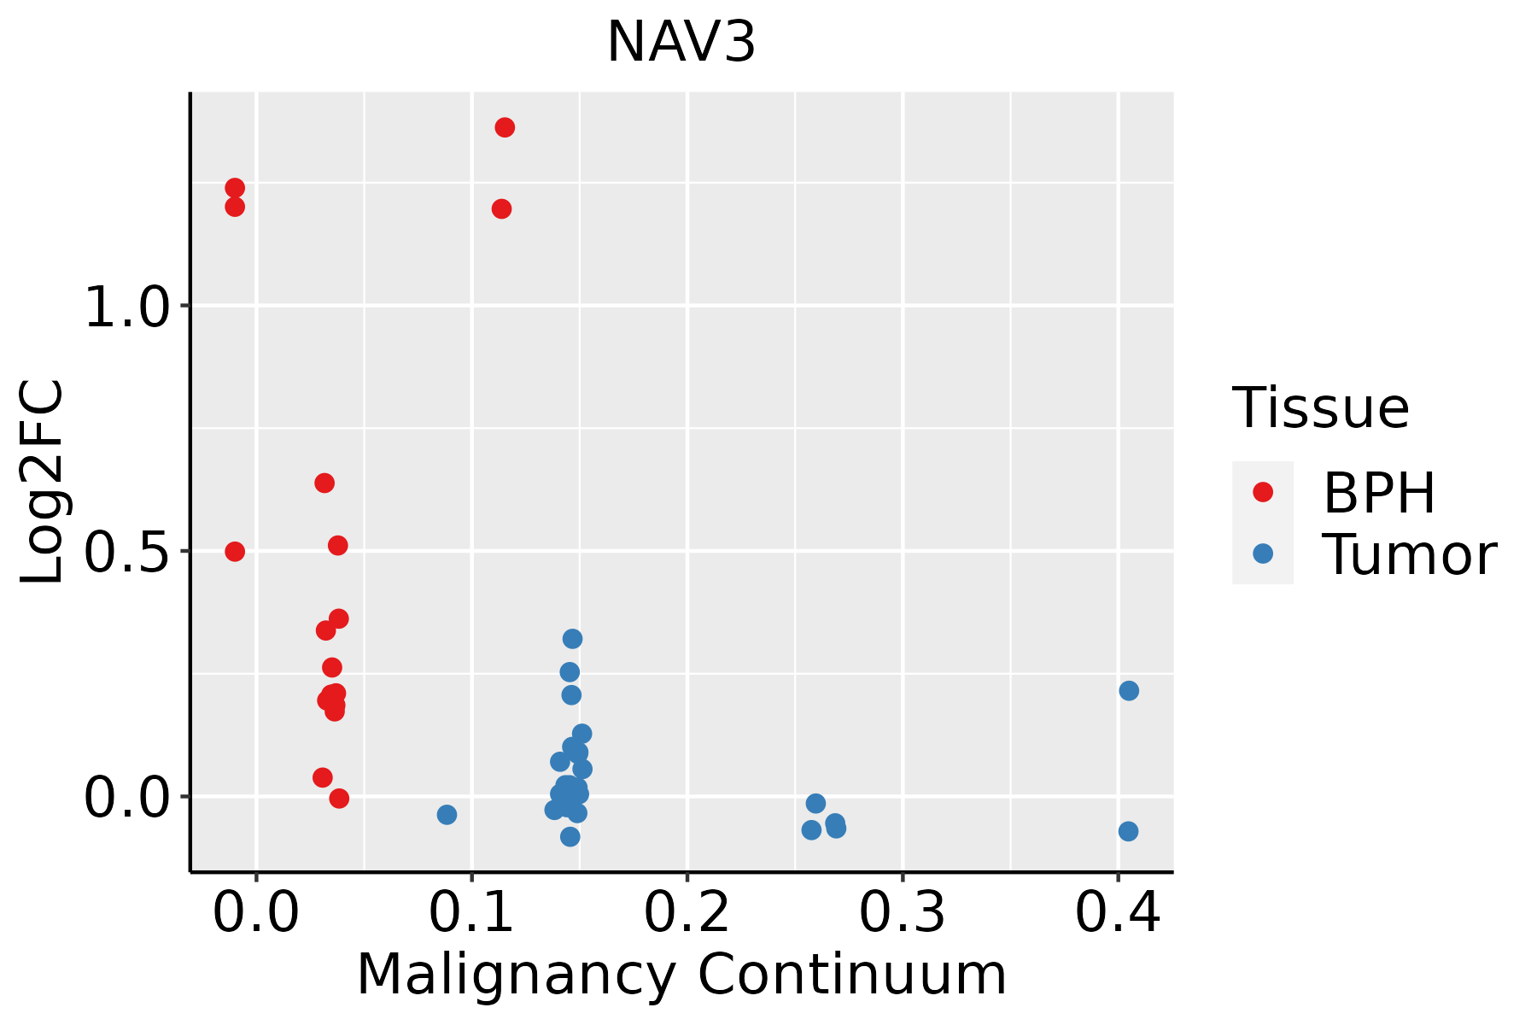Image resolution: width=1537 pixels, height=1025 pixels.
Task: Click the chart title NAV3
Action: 681,43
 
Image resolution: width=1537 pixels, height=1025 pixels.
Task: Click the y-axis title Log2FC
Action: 43,483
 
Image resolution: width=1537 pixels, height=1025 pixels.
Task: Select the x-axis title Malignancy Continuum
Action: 681,975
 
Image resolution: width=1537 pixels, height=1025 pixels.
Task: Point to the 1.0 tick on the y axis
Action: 128,307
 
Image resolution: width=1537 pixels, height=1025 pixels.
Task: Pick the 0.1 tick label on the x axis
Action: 471,913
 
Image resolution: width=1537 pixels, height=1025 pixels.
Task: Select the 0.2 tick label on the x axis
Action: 687,913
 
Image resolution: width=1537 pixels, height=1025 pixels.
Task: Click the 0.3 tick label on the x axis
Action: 902,913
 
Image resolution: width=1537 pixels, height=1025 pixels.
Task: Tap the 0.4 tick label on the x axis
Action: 1117,913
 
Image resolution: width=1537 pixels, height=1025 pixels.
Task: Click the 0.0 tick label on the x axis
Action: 256,913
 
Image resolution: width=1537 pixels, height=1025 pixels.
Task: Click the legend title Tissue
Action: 1321,408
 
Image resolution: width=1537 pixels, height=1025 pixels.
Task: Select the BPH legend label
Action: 1379,493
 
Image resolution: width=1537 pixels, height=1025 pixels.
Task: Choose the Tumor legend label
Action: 1409,555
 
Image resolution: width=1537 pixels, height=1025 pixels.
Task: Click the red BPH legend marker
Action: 1262,492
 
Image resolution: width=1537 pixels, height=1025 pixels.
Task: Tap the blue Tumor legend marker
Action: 1262,553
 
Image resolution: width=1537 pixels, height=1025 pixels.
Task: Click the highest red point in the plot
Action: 505,128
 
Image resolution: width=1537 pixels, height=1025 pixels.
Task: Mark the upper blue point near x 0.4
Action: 1129,690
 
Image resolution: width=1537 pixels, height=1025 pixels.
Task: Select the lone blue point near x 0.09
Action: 447,815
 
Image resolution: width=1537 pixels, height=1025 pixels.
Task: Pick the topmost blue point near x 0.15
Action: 572,639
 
